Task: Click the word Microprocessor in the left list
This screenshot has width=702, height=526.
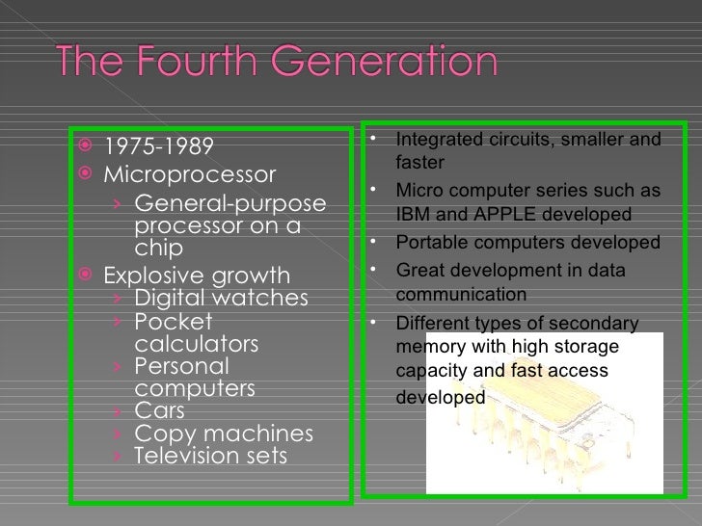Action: [x=189, y=176]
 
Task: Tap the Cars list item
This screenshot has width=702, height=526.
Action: [x=159, y=410]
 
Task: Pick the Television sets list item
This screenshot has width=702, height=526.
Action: [x=210, y=454]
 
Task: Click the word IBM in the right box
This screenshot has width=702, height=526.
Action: [x=413, y=213]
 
